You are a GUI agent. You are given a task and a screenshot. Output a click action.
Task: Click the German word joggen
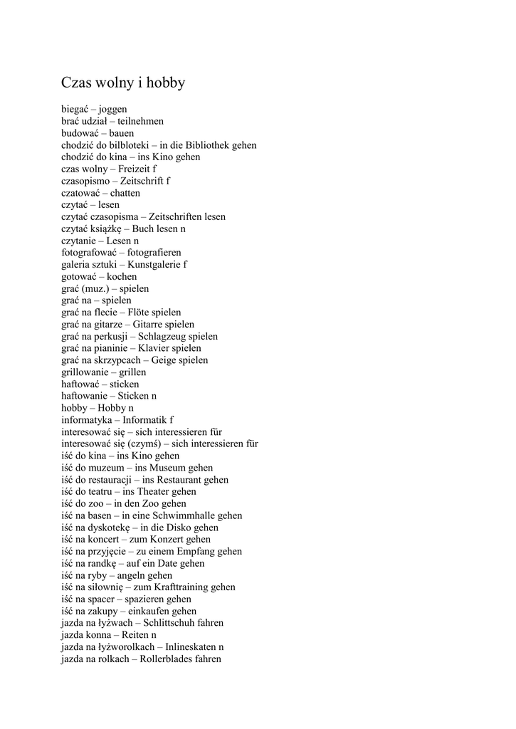(x=112, y=110)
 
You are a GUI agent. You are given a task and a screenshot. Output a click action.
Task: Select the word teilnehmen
(x=141, y=122)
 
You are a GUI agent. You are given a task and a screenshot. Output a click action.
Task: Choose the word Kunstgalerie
(x=154, y=265)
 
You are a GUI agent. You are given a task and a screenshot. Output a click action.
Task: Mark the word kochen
(x=122, y=277)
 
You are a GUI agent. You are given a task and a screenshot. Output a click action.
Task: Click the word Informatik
(x=145, y=421)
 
